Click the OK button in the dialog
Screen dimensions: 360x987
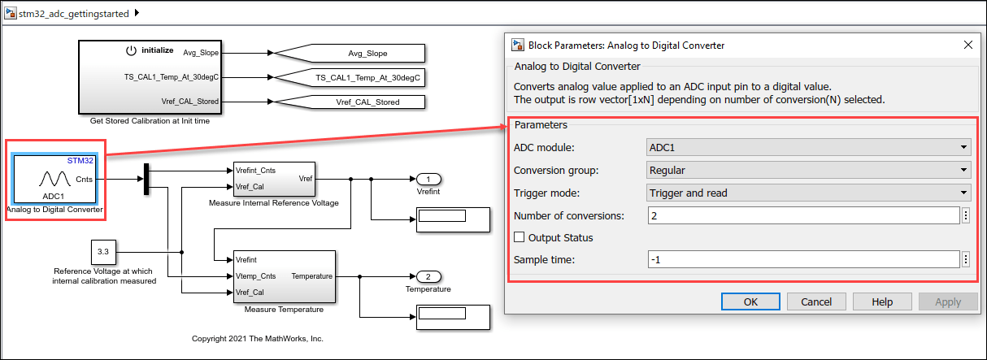click(750, 301)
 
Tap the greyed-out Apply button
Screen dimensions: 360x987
click(948, 301)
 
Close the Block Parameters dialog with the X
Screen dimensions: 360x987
click(967, 46)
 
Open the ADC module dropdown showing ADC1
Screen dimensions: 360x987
click(808, 148)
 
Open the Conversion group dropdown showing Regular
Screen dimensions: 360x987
click(808, 171)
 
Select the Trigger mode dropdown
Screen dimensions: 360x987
click(808, 193)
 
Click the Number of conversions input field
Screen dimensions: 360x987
click(803, 215)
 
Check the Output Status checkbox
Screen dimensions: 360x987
click(520, 238)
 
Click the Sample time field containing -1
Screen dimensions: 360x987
click(803, 260)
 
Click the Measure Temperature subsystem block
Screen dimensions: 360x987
click(284, 276)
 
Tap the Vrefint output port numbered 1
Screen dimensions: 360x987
click(428, 180)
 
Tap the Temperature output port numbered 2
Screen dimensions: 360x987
click(428, 276)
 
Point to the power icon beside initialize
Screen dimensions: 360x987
click(131, 50)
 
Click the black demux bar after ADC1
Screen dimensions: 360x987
click(146, 180)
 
